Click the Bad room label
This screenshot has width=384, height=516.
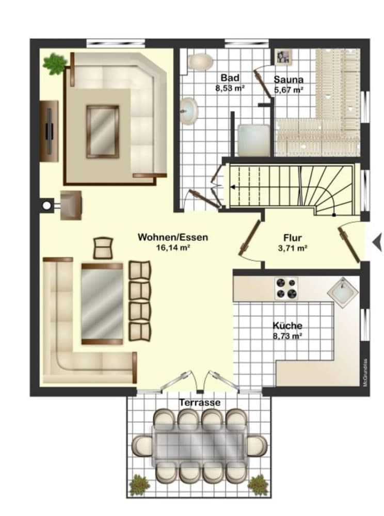[230, 78]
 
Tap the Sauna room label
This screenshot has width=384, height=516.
[288, 80]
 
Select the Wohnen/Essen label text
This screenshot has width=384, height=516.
[172, 237]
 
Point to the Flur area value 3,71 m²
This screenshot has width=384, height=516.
[292, 248]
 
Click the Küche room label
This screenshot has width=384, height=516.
[287, 326]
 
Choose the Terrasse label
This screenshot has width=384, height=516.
[200, 402]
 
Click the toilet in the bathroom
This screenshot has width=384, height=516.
[200, 62]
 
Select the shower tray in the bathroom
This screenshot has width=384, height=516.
[253, 139]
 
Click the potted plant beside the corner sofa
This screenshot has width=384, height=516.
[55, 64]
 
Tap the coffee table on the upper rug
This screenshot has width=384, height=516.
[102, 131]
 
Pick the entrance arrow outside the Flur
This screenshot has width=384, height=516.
[378, 241]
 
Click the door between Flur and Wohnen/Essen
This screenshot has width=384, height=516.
[249, 238]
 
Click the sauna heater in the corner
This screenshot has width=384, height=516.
[282, 57]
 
